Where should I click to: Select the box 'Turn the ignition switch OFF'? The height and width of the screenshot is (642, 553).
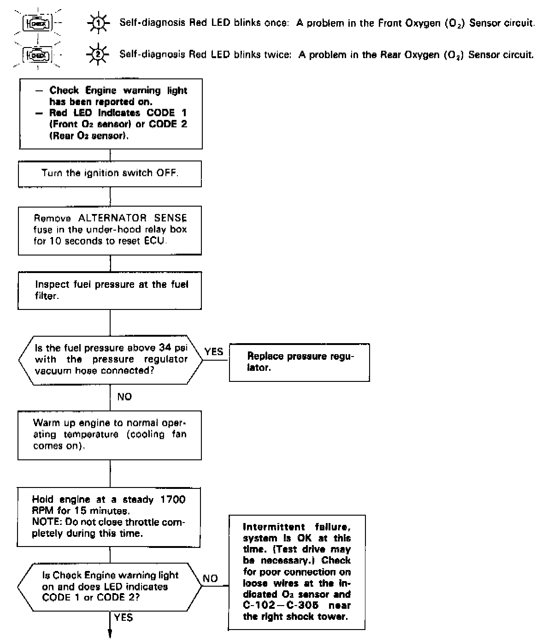click(x=110, y=173)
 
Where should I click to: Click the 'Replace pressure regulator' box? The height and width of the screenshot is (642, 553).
click(x=300, y=362)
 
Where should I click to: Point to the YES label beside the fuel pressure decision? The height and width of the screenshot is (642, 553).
click(x=214, y=351)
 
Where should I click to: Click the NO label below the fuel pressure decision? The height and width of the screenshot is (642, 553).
click(x=124, y=397)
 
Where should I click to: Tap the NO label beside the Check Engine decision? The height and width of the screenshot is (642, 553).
click(x=210, y=578)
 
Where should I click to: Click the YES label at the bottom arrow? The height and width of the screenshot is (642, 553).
click(x=124, y=618)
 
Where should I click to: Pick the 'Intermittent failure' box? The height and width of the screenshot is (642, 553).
click(x=297, y=572)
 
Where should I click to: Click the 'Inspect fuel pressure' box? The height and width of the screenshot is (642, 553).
click(x=110, y=290)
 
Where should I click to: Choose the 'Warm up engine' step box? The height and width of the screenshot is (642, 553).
click(x=110, y=434)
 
